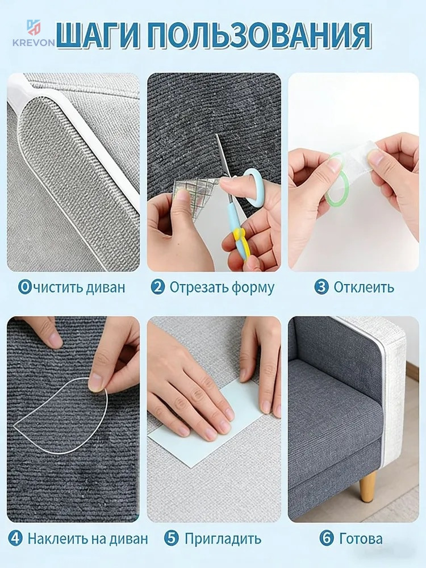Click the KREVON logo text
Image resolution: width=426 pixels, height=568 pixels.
[x=34, y=43]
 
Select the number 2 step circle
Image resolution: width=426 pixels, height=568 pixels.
[x=158, y=287]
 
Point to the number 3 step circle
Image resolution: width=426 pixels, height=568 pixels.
[x=321, y=287]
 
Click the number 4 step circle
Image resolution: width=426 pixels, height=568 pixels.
[x=15, y=538]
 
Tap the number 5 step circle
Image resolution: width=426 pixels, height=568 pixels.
[x=171, y=538]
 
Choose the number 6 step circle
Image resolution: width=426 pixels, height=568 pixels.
[x=327, y=538]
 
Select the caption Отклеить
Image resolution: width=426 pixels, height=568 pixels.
[x=364, y=287]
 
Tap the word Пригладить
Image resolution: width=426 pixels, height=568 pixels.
[x=223, y=539]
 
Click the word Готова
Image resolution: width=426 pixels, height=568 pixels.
[x=361, y=538]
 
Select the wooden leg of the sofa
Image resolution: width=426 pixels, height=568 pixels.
[x=367, y=486]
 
